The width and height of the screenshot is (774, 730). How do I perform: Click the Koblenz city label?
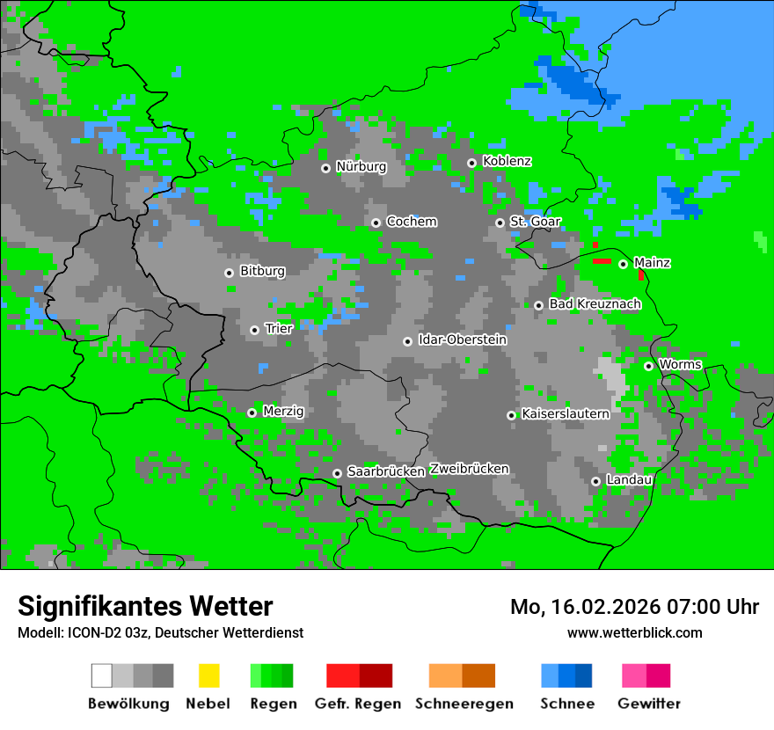pyautogui.click(x=507, y=162)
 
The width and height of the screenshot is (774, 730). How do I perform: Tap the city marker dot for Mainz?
pyautogui.click(x=623, y=264)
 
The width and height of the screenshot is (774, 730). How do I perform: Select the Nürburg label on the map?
pyautogui.click(x=361, y=166)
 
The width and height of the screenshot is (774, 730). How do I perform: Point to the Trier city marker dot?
pyautogui.click(x=254, y=330)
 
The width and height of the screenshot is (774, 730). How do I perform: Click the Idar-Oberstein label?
pyautogui.click(x=462, y=339)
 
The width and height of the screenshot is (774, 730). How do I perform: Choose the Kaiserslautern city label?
pyautogui.click(x=565, y=413)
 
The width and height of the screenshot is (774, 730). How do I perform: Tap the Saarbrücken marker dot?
pyautogui.click(x=337, y=473)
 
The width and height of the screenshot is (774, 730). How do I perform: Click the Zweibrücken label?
pyautogui.click(x=469, y=469)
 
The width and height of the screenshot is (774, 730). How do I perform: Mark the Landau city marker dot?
pyautogui.click(x=595, y=481)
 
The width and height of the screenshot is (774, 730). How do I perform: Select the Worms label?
pyautogui.click(x=679, y=364)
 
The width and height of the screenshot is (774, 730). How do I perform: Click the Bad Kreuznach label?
pyautogui.click(x=595, y=303)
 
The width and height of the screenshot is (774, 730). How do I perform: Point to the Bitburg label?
pyautogui.click(x=262, y=271)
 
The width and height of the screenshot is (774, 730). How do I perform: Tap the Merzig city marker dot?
pyautogui.click(x=252, y=412)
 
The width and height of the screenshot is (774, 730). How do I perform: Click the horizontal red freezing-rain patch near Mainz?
pyautogui.click(x=602, y=261)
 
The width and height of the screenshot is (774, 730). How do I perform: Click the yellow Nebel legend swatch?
pyautogui.click(x=208, y=675)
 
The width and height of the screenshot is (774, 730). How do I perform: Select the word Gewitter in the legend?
pyautogui.click(x=648, y=704)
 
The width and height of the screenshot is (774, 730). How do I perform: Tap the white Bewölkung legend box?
pyautogui.click(x=102, y=675)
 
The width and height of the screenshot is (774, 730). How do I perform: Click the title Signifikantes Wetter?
pyautogui.click(x=145, y=606)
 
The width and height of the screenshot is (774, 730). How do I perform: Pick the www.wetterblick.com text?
pyautogui.click(x=634, y=632)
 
